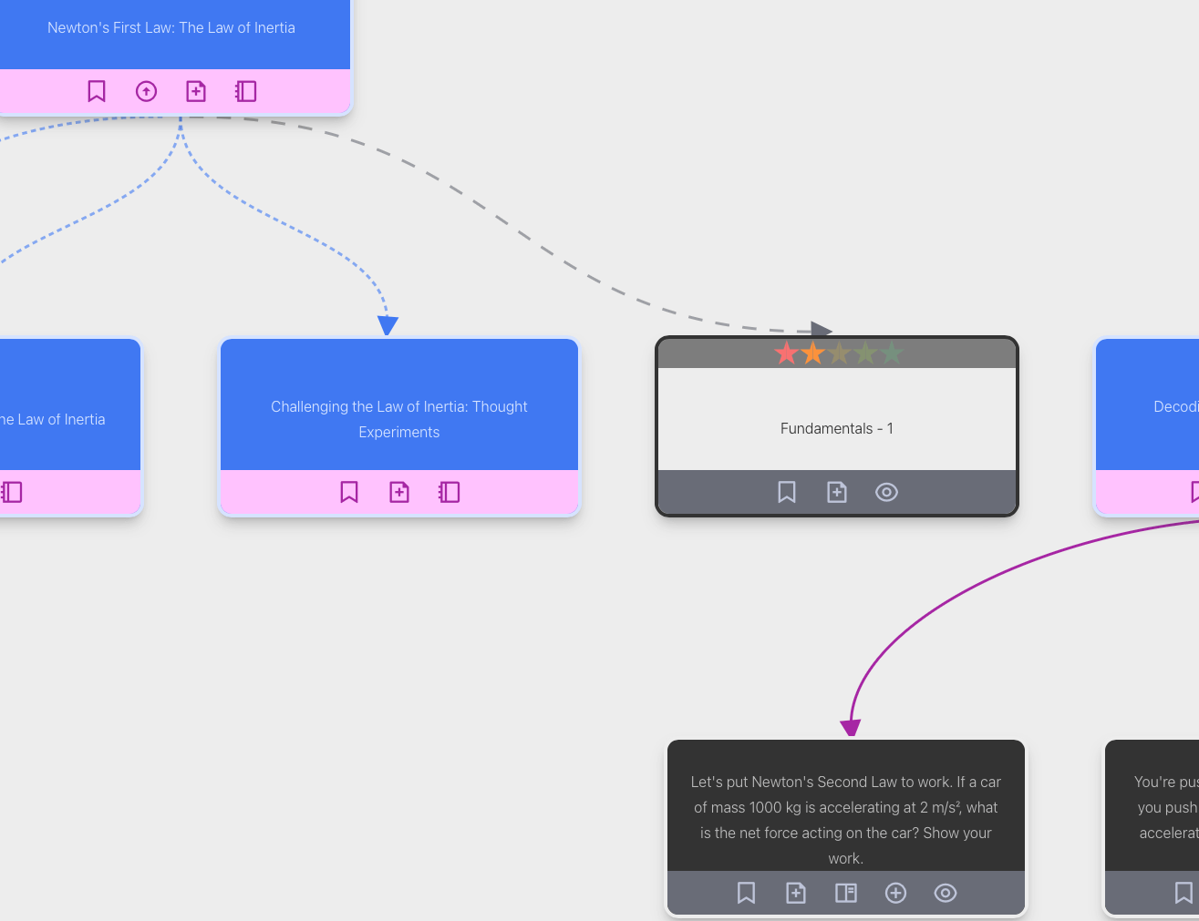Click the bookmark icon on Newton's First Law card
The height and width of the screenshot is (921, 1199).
(97, 91)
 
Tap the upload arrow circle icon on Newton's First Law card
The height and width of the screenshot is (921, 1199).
(146, 91)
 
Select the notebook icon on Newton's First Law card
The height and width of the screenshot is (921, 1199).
(246, 91)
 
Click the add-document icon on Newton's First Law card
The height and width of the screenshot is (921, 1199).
(196, 91)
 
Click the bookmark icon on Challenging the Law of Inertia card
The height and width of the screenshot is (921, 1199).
(349, 492)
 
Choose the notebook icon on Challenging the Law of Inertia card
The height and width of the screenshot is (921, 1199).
(450, 492)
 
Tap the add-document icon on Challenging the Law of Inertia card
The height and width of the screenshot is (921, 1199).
(399, 492)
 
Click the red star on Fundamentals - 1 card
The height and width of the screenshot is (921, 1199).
(786, 353)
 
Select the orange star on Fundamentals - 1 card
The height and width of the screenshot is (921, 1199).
(812, 353)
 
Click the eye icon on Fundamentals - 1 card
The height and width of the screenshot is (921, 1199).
(886, 492)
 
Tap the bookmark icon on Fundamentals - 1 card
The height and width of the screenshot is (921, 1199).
(787, 492)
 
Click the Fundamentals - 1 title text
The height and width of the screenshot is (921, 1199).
(837, 428)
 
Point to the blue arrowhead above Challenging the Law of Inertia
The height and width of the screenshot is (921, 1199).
(388, 325)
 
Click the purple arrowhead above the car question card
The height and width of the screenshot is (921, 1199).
(851, 727)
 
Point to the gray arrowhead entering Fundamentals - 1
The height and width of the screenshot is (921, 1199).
(821, 331)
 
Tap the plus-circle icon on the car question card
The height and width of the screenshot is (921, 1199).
(895, 893)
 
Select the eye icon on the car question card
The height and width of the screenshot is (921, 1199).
(946, 893)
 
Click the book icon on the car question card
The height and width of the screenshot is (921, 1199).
(846, 893)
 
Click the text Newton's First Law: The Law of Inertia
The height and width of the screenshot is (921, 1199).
(171, 27)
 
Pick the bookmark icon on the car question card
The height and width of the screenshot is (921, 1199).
(746, 893)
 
